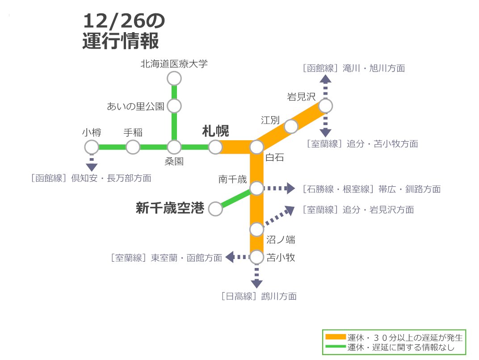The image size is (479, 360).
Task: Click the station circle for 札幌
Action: pos(215,147)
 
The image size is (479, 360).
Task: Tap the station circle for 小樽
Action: pos(92,147)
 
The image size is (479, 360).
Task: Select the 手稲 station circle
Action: pos(133,147)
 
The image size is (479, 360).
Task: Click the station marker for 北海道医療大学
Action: pos(174,79)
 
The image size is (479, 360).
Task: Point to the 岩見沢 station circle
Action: pos(325,106)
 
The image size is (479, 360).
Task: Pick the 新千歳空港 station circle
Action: pos(215,209)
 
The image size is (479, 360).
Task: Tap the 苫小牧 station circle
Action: pos(256,257)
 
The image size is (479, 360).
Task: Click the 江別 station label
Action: pos(270,120)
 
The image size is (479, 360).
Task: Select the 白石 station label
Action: pos(274,157)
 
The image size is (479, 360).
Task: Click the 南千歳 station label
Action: pos(232,179)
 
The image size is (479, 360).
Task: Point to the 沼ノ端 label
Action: pos(281,240)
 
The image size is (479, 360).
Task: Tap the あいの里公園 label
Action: pos(135,106)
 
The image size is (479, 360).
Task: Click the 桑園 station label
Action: pos(174,161)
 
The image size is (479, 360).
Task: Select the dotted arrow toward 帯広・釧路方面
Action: pos(279,188)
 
